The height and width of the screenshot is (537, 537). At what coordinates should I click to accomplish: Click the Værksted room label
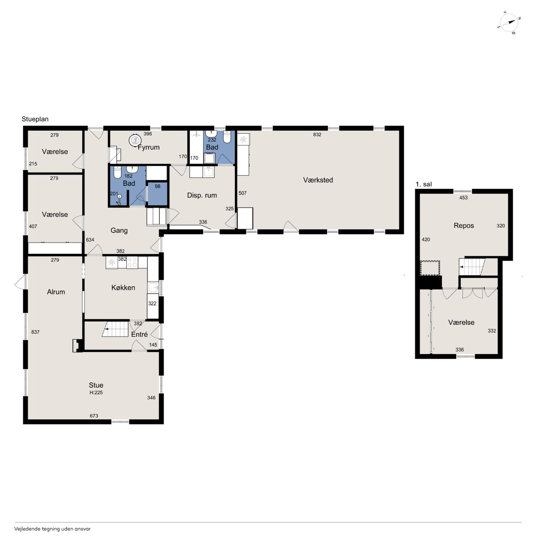click(x=318, y=180)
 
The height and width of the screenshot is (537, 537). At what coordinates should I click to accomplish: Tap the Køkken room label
click(x=123, y=288)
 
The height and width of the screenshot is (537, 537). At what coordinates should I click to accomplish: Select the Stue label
click(x=96, y=385)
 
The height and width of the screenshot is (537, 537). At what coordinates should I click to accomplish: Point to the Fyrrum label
click(x=149, y=147)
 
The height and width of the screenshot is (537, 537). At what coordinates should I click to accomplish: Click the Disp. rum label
click(x=202, y=196)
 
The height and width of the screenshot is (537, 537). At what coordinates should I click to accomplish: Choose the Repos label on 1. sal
click(x=464, y=225)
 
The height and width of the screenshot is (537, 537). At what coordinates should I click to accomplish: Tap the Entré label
click(x=139, y=334)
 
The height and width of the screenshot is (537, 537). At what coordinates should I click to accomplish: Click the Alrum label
click(x=56, y=292)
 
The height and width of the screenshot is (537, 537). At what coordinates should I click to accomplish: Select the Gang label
click(x=119, y=230)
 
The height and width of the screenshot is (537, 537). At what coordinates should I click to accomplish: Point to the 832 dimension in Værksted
click(x=317, y=135)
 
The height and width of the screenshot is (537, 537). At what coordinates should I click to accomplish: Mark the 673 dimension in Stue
click(x=94, y=416)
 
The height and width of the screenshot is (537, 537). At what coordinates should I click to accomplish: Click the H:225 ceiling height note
click(x=96, y=392)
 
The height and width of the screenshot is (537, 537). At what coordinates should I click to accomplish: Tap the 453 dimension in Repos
click(x=464, y=198)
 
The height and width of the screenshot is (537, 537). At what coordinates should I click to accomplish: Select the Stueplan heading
click(x=35, y=119)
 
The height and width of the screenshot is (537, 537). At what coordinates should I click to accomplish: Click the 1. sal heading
click(x=424, y=184)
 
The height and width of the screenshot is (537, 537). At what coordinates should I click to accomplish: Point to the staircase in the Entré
click(x=115, y=329)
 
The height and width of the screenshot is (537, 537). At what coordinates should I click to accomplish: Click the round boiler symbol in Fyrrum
click(x=135, y=141)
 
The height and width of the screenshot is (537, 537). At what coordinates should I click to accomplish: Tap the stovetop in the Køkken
click(x=132, y=262)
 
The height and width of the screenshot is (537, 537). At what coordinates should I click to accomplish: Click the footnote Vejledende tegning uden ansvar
click(x=52, y=529)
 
